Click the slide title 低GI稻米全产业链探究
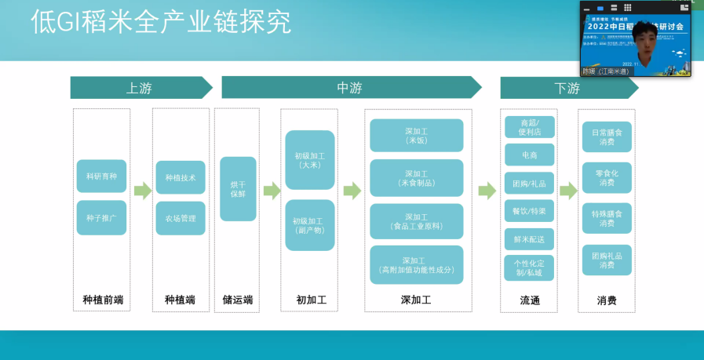coord(161,23)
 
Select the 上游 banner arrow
coord(140,88)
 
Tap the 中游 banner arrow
coord(350,88)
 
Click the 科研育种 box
coord(101,176)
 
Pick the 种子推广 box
coord(101,217)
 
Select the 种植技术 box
coord(181,177)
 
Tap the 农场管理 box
coord(181,218)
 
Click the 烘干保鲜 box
coord(238,188)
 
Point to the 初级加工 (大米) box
coord(310,160)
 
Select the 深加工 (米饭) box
coord(416,135)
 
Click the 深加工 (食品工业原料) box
coord(416,220)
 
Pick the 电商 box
coord(529,155)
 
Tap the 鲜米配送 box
coord(529,238)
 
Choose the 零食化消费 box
coord(607,177)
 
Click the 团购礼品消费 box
coord(607,260)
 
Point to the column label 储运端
coord(238,300)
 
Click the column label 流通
coord(530,300)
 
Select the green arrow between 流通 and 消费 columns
coord(568,190)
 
